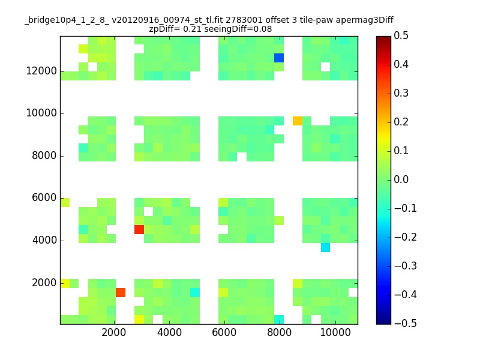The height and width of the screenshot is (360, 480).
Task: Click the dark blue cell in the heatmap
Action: click(279, 58)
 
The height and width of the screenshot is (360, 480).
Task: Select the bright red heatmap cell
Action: click(139, 229)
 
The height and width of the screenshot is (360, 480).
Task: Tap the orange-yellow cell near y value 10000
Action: click(298, 121)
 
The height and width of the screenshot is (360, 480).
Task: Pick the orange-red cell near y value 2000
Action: click(121, 292)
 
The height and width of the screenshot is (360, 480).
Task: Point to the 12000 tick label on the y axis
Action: click(41, 71)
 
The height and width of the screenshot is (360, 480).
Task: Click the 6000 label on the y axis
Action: click(44, 198)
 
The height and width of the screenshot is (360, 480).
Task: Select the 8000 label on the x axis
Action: click(279, 332)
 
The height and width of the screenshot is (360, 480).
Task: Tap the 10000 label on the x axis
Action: click(335, 332)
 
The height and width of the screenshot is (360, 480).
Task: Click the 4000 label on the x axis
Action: click(169, 332)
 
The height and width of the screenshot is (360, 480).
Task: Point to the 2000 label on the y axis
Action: click(44, 283)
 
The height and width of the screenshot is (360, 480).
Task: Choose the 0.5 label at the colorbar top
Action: click(401, 35)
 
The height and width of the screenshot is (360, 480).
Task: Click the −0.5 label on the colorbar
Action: click(406, 323)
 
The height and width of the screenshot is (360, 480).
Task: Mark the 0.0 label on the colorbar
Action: click(401, 179)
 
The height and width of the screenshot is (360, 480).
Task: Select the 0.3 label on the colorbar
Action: click(401, 93)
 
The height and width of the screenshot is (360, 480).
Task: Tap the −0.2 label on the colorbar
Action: click(406, 237)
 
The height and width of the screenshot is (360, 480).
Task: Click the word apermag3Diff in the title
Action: click(365, 20)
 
